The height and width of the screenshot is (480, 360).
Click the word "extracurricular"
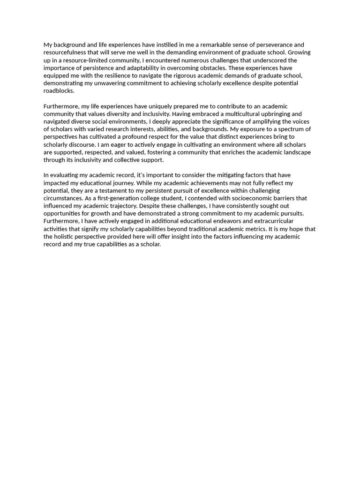tap(274, 221)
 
